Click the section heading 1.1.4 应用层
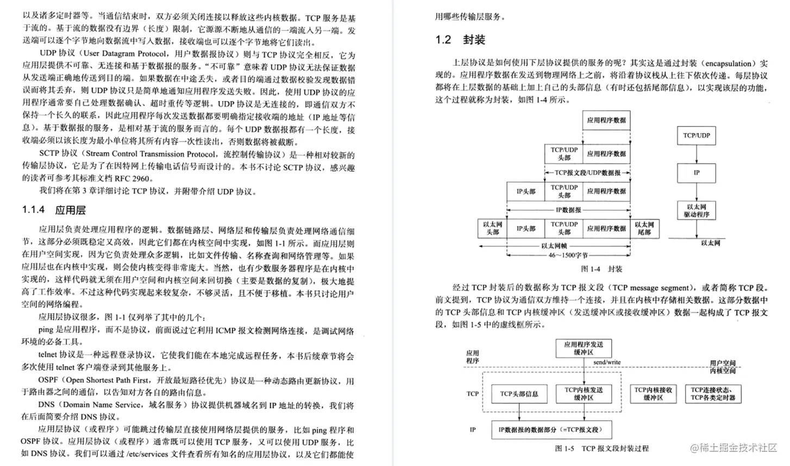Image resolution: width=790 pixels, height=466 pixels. point(54,210)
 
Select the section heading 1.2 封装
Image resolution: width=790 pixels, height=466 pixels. point(460,40)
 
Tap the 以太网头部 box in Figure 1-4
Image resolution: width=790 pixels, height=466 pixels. point(492,228)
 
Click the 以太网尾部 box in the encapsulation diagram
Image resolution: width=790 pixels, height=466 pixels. point(644,228)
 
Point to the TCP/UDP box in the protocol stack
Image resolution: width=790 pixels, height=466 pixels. point(696,136)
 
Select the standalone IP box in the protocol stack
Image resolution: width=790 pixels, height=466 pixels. point(696,173)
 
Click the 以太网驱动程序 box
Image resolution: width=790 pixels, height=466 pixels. point(696,211)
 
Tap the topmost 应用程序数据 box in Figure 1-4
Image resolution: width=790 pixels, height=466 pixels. point(606,120)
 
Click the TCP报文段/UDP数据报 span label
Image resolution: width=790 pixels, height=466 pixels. point(587,173)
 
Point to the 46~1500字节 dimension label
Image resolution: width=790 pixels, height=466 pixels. point(568,255)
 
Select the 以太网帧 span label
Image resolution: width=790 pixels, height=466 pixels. point(554,245)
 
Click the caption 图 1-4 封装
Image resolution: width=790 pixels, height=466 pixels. point(601,269)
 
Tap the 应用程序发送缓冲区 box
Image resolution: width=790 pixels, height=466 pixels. point(584,348)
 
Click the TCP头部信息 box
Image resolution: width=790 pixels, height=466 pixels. point(519,394)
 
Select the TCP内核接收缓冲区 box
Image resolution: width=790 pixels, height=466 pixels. point(653,394)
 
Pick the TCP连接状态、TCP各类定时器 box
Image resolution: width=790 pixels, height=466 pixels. point(713,394)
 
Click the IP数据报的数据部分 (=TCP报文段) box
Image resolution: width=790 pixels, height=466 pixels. point(550,430)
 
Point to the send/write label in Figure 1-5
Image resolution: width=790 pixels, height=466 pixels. point(606,362)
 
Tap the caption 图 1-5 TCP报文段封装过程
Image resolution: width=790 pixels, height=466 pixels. point(601,449)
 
